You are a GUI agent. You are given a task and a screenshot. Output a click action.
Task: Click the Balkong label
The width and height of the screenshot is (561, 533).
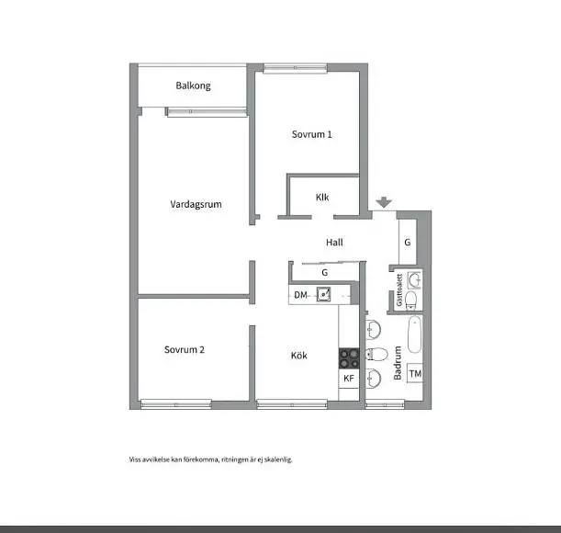193,85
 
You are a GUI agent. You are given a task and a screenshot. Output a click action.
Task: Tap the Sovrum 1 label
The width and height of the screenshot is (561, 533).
311,134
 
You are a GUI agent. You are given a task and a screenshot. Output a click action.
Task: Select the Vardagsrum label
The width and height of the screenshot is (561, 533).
196,204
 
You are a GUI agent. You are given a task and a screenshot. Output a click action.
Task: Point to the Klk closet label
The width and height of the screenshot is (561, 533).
322,197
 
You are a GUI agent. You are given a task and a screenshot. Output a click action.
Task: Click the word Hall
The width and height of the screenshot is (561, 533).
334,243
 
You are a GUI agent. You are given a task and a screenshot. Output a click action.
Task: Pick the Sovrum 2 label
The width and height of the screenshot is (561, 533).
185,349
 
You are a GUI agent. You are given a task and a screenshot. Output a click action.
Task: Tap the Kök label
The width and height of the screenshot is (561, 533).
298,356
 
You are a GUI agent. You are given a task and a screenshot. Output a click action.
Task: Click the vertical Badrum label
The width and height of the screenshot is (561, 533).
398,362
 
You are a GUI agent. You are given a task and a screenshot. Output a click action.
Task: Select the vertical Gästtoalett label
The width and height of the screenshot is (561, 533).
399,290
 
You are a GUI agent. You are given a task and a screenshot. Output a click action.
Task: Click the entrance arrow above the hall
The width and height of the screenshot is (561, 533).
384,202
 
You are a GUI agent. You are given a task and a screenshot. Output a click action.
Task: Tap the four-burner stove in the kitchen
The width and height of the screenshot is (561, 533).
349,358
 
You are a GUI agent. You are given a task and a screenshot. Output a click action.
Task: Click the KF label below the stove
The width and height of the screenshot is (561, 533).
349,379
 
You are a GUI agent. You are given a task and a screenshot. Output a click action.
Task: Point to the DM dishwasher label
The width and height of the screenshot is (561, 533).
300,295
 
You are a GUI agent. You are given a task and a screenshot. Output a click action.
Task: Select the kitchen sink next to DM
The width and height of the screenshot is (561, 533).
323,294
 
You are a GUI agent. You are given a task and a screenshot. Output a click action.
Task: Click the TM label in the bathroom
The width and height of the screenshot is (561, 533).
415,374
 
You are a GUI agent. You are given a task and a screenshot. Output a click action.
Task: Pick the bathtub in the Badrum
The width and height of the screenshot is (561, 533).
415,335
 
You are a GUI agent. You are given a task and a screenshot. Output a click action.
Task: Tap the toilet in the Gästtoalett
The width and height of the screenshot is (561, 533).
411,300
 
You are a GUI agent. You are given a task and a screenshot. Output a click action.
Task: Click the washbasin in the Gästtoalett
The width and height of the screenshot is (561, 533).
415,279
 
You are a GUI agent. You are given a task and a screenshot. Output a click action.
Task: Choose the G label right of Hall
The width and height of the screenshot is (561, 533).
407,243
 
